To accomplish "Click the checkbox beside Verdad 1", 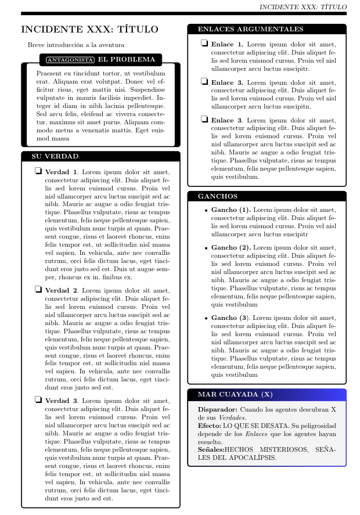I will tap(38, 171).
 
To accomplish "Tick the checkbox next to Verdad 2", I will tap(38, 289).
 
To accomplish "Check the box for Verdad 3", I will tap(38, 400).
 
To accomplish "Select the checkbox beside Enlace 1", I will tap(204, 44).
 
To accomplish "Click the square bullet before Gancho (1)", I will tap(206, 210).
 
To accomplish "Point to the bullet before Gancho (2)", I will tap(206, 248).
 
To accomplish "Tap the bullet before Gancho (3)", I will tap(206, 319).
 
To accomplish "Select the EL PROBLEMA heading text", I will tap(127, 59).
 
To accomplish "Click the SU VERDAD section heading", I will tap(51, 156).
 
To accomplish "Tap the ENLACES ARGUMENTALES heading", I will tap(250, 29).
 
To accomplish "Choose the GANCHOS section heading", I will tap(217, 196).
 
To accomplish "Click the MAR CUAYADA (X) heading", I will tap(235, 394).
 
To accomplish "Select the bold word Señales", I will tap(211, 449).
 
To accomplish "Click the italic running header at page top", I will tap(303, 7).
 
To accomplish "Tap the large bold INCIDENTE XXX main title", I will tap(89, 30).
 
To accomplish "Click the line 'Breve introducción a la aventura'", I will tap(75, 45).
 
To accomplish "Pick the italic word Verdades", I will tap(231, 417).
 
